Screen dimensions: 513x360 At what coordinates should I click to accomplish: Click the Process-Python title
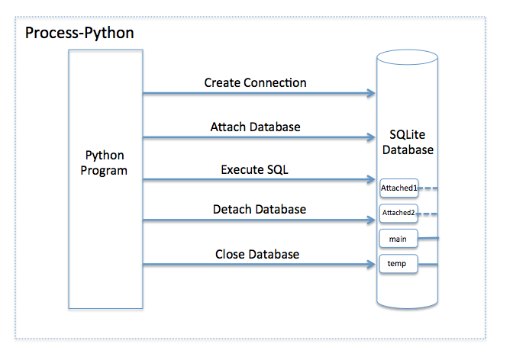(x=79, y=33)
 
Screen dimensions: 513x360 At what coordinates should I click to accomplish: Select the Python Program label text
(x=104, y=162)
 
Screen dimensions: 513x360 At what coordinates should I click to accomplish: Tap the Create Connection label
(x=255, y=82)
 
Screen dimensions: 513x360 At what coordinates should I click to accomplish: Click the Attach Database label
(x=255, y=127)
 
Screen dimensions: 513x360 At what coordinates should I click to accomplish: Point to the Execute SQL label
(x=254, y=169)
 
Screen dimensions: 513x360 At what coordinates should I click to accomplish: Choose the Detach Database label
(x=260, y=209)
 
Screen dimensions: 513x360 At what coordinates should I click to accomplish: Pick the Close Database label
(x=257, y=254)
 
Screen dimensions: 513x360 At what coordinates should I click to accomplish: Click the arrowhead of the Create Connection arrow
(x=371, y=93)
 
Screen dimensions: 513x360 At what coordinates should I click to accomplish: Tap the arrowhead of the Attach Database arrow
(x=371, y=137)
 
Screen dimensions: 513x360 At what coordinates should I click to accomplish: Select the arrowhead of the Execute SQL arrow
(x=371, y=179)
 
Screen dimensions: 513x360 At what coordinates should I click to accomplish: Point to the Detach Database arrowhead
(x=371, y=220)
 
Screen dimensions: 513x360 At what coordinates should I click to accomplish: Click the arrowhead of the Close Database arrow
(x=371, y=264)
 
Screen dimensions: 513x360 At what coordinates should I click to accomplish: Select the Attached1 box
(x=398, y=188)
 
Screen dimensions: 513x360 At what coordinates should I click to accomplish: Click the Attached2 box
(x=398, y=214)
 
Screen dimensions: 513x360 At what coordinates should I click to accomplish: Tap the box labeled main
(x=398, y=239)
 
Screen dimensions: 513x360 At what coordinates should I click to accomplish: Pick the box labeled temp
(x=398, y=264)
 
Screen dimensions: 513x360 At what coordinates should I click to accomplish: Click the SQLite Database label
(x=408, y=142)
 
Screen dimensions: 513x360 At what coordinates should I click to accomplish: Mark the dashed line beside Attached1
(x=428, y=188)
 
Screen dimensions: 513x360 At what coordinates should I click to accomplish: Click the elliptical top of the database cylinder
(x=407, y=50)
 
